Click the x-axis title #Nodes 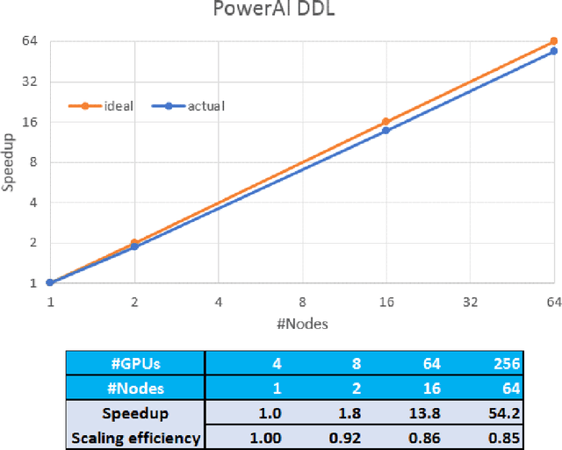(x=302, y=324)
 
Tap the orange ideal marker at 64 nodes (x=554, y=41)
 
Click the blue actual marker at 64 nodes (x=554, y=52)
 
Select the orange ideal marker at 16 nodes (x=385, y=122)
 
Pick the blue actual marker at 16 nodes (x=385, y=131)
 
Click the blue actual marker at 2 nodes (x=134, y=246)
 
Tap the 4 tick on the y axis (x=32, y=203)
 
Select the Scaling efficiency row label (x=136, y=437)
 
